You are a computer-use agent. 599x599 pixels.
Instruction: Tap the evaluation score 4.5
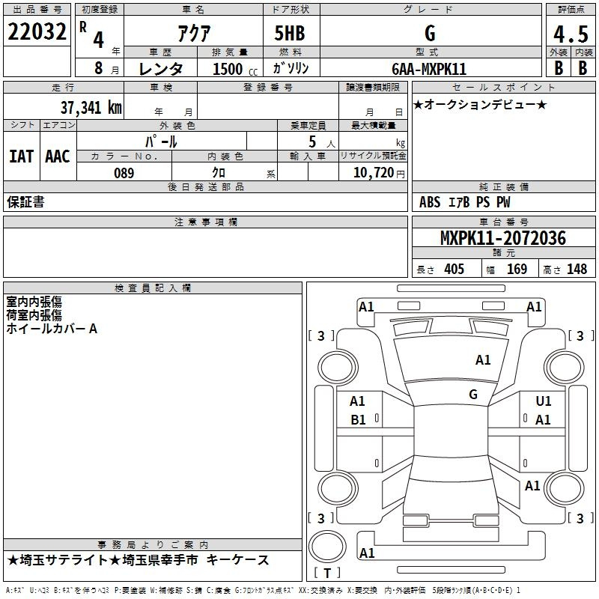[x=571, y=34]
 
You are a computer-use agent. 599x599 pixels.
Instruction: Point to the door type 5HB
[x=288, y=33]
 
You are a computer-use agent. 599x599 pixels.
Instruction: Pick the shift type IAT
[x=21, y=156]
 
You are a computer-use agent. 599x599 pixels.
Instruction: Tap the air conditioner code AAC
[x=57, y=156]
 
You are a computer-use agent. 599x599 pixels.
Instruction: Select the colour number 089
[x=124, y=173]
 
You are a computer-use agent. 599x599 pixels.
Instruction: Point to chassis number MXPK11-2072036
[x=502, y=239]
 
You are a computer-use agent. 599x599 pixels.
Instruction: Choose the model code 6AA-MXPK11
[x=429, y=69]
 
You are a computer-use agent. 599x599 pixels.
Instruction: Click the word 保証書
[x=25, y=202]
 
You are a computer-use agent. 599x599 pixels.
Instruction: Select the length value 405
[x=454, y=270]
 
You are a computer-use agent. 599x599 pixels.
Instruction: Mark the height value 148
[x=577, y=270]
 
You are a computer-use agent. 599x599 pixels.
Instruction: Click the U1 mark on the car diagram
[x=544, y=401]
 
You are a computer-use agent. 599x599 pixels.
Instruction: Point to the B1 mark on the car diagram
[x=359, y=420]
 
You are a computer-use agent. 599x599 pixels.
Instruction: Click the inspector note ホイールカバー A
[x=52, y=329]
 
